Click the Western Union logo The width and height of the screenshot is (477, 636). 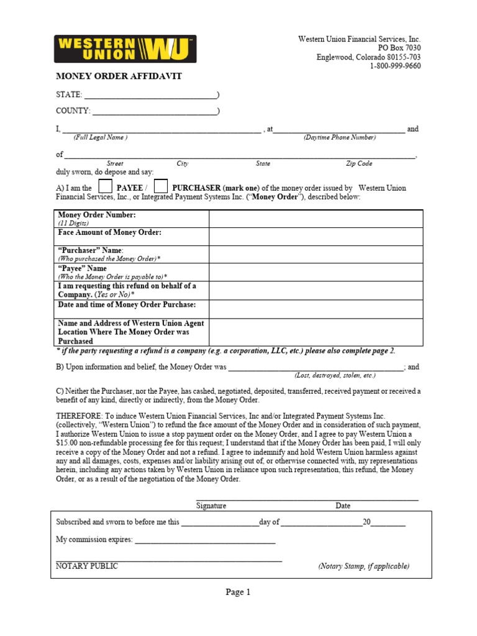[x=125, y=48]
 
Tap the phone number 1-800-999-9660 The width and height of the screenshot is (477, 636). [x=395, y=66]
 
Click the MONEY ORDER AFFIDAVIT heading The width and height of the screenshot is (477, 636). [x=119, y=76]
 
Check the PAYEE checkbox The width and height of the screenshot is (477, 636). [x=106, y=186]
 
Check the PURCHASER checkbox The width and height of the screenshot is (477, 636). [x=161, y=186]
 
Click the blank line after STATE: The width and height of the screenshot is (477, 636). [x=150, y=96]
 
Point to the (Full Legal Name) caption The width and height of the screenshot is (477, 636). [x=101, y=137]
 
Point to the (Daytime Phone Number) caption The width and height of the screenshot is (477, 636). [x=340, y=137]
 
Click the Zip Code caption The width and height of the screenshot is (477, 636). [x=359, y=164]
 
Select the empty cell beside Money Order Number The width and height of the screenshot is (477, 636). [x=316, y=219]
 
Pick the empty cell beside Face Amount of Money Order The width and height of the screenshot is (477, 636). [x=316, y=237]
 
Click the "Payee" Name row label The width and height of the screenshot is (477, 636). [x=83, y=268]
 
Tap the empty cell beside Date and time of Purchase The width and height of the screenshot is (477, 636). [x=316, y=309]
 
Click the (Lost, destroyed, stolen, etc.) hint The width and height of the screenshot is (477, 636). [x=335, y=376]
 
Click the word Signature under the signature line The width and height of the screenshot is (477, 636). [x=211, y=506]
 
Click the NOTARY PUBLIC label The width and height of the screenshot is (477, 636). [x=87, y=566]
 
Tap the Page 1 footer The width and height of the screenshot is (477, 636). [x=238, y=593]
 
